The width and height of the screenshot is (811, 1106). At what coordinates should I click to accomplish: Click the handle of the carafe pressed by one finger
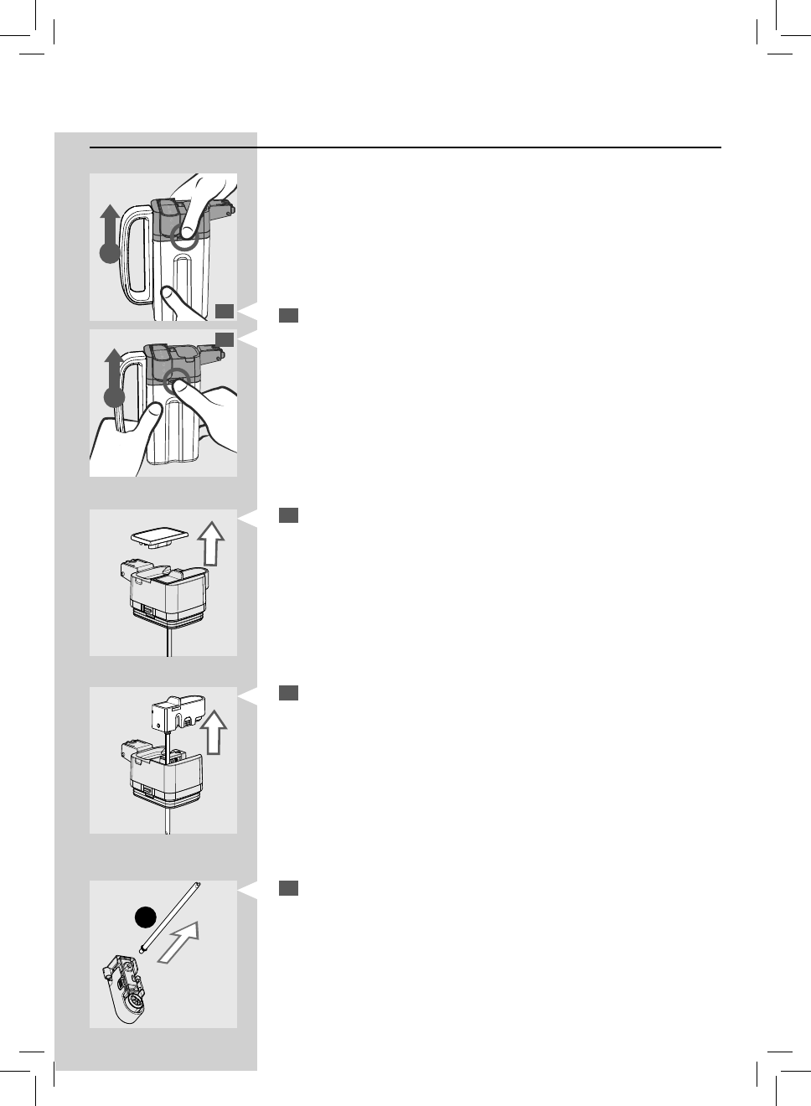tap(134, 252)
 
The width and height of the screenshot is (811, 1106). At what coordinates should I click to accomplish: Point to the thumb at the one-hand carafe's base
tap(172, 302)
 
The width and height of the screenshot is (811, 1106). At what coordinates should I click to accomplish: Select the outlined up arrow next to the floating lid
tap(212, 544)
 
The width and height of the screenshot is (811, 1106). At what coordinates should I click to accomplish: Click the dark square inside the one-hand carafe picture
tap(224, 312)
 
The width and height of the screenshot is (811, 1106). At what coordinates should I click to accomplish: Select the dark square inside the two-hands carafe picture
tap(224, 339)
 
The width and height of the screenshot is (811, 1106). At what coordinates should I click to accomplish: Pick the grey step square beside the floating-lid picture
tap(288, 515)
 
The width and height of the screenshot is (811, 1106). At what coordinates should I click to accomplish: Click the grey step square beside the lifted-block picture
tap(288, 693)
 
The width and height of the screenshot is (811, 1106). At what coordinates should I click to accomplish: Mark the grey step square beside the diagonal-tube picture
tap(288, 888)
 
